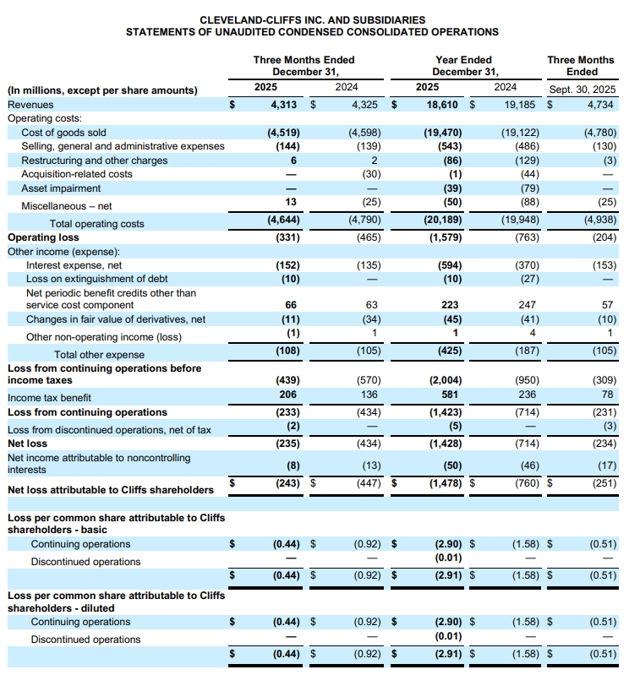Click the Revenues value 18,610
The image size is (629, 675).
(444, 105)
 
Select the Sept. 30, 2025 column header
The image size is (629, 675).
(582, 89)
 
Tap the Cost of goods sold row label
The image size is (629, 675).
(63, 133)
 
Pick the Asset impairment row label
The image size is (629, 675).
(60, 188)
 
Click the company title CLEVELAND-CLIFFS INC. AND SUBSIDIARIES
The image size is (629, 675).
(312, 19)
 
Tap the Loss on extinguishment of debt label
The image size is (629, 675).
(97, 279)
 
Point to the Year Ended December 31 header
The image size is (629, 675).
(462, 66)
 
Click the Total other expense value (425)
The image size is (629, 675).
(446, 354)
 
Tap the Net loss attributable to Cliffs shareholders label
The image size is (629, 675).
(111, 490)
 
